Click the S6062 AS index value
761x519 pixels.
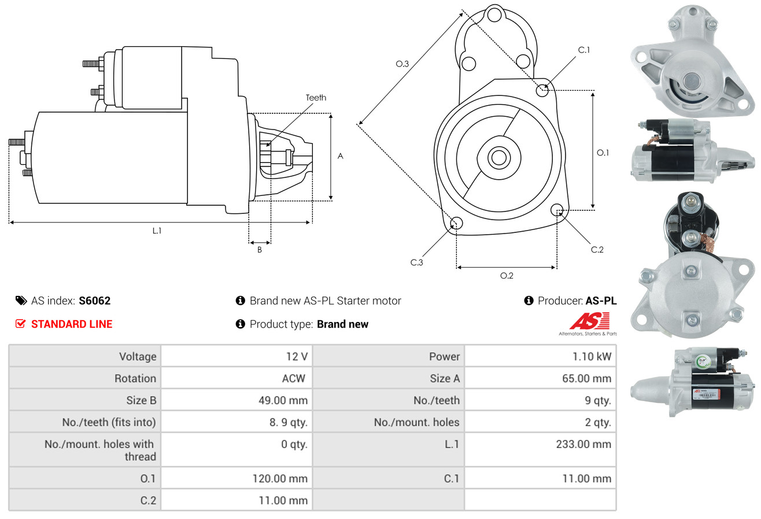94,301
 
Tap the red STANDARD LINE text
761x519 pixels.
72,324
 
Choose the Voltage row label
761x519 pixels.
138,357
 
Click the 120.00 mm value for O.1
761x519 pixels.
279,479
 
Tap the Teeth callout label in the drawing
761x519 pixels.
316,98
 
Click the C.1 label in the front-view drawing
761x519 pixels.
584,50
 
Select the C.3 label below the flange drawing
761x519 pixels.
417,262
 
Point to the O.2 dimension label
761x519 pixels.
507,276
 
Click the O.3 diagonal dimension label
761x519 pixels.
402,64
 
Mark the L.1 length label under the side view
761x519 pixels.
157,231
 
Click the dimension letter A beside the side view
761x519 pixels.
341,156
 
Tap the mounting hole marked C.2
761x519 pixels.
558,209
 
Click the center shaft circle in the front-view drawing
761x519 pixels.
497,157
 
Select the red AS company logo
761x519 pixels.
589,321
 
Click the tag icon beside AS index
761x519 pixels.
21,301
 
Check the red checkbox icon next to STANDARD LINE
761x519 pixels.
21,324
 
